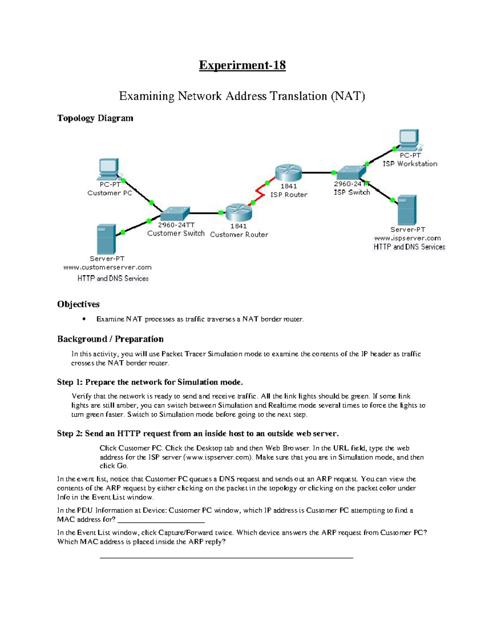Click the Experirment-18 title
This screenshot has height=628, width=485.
242,65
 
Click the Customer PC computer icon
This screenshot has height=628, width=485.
108,169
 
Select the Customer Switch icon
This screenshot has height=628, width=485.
175,213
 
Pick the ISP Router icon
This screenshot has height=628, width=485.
288,173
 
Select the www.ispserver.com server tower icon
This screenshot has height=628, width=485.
407,210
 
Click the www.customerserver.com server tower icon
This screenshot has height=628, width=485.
106,239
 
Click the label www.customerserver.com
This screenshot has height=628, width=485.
108,267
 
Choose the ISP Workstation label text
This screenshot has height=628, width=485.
410,164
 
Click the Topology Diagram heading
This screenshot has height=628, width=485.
95,118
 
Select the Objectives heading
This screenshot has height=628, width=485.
78,304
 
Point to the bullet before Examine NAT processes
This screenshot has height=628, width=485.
84,319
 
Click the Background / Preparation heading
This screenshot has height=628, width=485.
110,339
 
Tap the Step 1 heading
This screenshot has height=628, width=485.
150,382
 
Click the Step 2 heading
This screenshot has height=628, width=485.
198,433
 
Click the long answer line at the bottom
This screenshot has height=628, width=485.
226,558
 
